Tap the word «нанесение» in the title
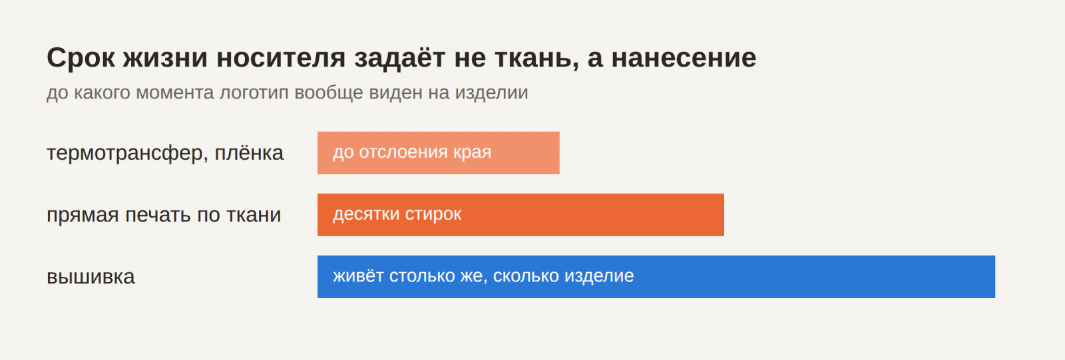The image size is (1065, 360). coord(684,58)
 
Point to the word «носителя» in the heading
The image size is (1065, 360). coord(281,58)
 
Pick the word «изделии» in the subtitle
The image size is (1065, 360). coord(492,92)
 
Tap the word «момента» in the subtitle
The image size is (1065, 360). coord(175,92)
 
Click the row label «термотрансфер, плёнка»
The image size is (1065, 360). coord(165,152)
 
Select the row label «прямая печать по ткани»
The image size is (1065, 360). coord(164,215)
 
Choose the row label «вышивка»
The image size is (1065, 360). coord(91,277)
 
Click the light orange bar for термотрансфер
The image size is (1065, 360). coord(439,152)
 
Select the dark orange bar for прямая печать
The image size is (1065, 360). coord(521,215)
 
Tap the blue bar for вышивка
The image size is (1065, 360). coord(656,277)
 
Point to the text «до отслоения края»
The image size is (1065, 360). coord(412,152)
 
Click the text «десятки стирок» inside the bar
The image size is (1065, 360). coord(397,214)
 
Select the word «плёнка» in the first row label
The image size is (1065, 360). coord(249,152)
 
